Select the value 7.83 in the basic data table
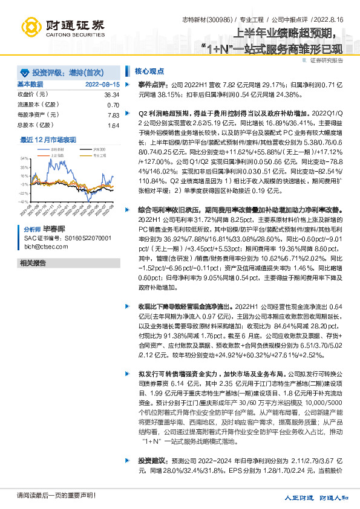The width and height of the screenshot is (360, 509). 113,115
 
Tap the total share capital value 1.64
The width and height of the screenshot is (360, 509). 113,125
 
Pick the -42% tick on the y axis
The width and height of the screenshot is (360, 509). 24,201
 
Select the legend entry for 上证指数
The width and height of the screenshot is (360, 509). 57,155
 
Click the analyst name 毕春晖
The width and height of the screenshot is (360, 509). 53,230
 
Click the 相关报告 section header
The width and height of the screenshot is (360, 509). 33,263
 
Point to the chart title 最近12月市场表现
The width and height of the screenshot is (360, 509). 48,139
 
